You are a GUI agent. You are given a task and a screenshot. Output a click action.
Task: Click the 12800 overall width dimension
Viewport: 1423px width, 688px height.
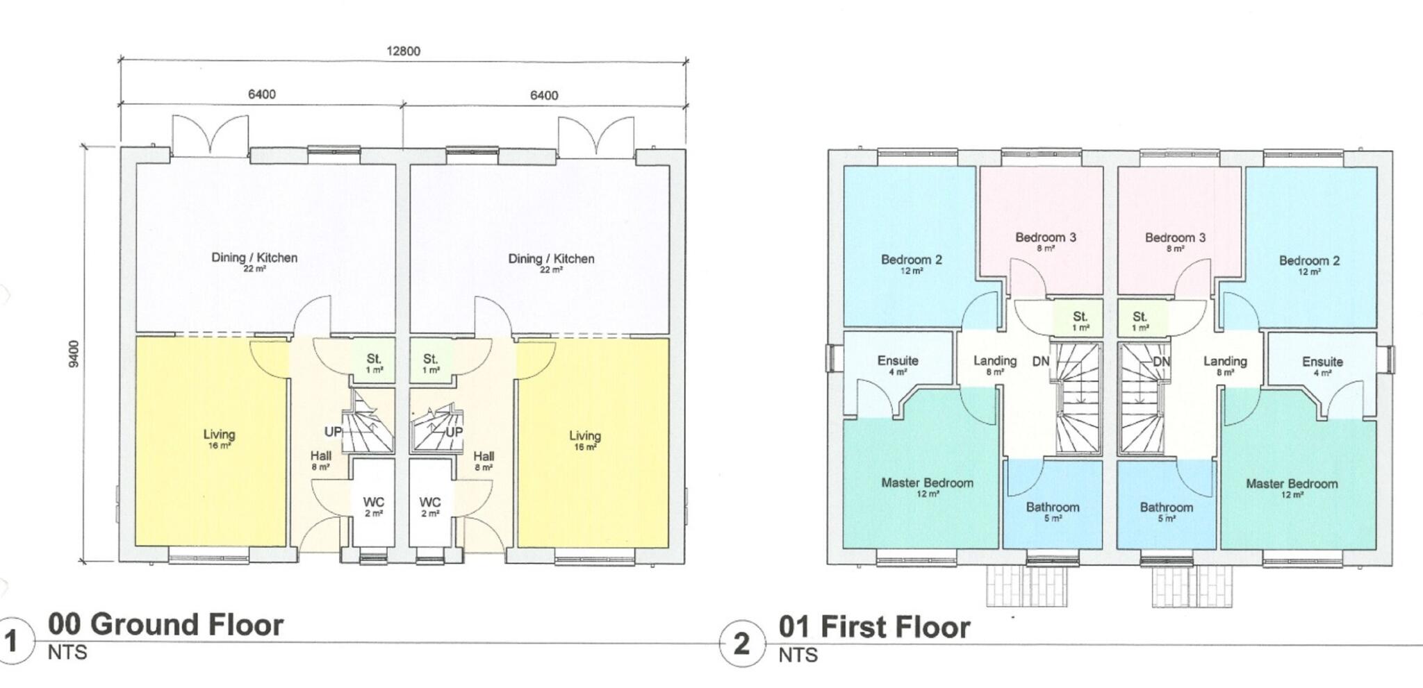(403, 51)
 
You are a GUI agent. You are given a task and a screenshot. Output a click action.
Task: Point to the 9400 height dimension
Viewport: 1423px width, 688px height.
(75, 353)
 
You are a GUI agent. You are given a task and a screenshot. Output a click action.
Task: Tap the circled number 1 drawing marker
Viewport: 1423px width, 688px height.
(12, 641)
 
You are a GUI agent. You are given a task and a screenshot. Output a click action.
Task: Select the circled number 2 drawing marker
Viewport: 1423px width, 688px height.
(741, 644)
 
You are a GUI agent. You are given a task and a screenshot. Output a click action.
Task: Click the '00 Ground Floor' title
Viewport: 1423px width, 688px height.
(165, 625)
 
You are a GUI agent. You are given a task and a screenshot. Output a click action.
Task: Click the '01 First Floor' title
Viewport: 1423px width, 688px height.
(874, 627)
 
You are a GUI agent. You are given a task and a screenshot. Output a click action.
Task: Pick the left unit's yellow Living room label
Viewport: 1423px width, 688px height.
(219, 435)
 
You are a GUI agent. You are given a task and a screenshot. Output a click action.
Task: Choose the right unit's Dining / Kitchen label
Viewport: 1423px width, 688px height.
(551, 259)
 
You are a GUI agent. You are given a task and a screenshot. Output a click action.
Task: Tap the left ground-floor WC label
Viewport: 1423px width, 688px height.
(373, 502)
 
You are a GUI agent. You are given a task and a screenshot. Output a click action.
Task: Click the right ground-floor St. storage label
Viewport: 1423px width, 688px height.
(430, 359)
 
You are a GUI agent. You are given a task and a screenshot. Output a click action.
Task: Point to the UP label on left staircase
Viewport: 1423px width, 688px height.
(334, 432)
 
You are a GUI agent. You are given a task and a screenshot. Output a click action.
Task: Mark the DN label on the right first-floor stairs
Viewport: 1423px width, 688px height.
(1162, 362)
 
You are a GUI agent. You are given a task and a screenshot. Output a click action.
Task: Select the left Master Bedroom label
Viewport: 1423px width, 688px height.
(927, 483)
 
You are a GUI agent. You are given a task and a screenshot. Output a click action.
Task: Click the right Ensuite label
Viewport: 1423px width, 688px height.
(1322, 362)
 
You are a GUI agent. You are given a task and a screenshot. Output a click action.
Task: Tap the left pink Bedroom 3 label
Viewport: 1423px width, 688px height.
(1045, 237)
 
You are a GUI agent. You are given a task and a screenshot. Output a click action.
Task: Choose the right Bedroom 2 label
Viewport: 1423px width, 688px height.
(1309, 261)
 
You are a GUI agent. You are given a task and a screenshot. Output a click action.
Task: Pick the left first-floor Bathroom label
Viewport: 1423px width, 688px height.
(1053, 507)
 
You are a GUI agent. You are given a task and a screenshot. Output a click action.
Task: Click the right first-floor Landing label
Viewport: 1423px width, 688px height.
(1225, 361)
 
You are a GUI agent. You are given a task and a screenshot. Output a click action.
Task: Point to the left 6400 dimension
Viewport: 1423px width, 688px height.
(262, 94)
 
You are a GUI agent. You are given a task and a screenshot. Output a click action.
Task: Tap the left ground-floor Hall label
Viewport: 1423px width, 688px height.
(321, 456)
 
